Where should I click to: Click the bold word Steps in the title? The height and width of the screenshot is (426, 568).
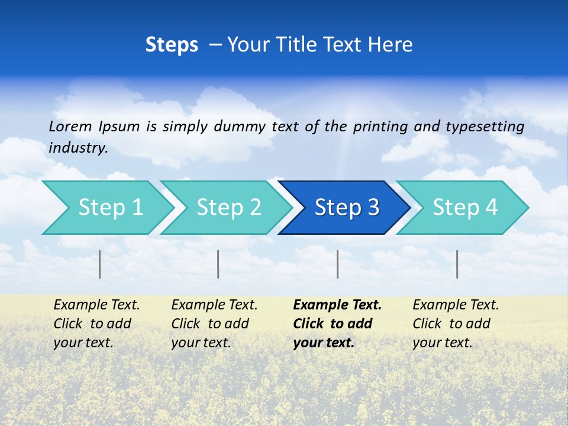click(172, 45)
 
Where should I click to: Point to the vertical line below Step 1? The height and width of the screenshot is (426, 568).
click(100, 264)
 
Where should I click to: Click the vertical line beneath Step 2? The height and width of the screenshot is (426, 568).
click(218, 264)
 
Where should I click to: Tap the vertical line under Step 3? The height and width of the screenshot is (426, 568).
click(337, 264)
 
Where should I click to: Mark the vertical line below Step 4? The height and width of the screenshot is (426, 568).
click(457, 264)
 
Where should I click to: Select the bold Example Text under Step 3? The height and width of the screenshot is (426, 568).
click(337, 324)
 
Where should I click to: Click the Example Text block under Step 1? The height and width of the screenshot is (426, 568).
click(96, 324)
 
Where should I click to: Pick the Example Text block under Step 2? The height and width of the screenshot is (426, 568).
click(214, 324)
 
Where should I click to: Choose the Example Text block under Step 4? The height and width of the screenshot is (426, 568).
click(456, 324)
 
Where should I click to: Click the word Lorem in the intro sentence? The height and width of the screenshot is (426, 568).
click(70, 127)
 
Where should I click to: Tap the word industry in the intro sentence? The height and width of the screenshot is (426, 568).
click(78, 148)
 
